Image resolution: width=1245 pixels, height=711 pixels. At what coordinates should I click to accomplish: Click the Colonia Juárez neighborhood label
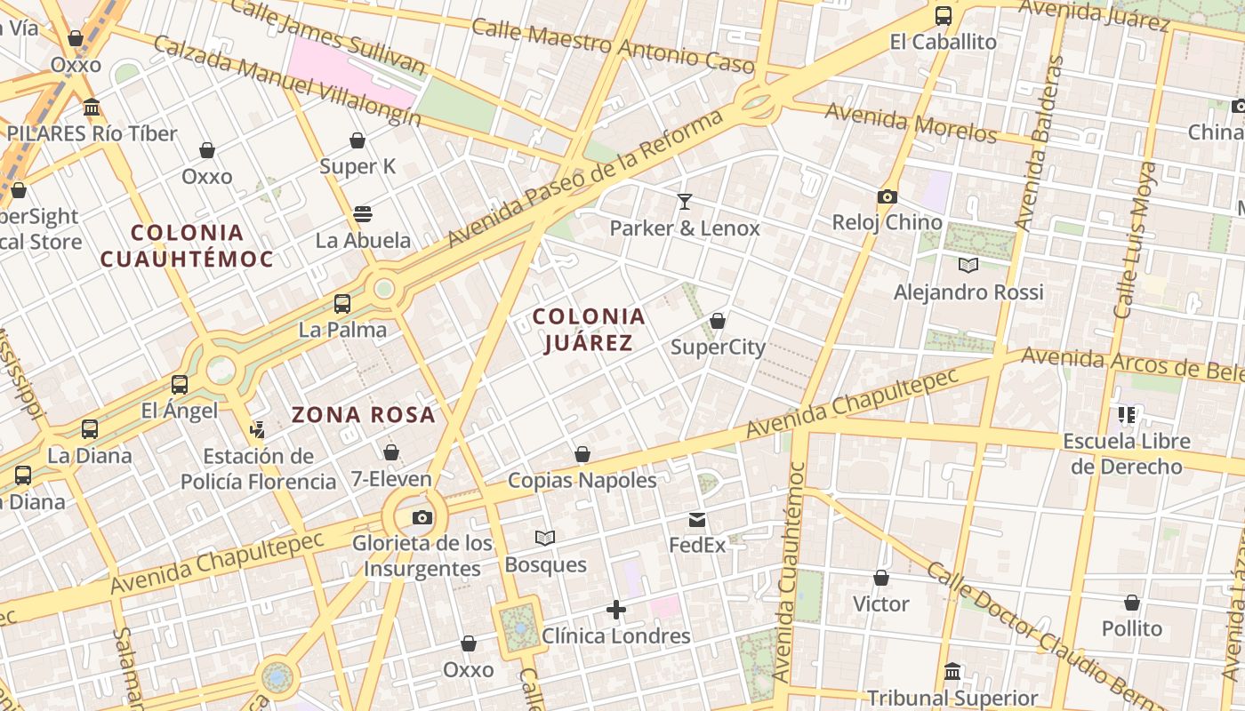pos(589,330)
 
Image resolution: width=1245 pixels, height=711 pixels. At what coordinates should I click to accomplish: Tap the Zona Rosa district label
pos(364,414)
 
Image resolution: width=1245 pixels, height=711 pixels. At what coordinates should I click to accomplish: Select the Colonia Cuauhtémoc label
pos(187,245)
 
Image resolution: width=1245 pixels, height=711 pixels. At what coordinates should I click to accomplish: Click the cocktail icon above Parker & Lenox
pos(684,202)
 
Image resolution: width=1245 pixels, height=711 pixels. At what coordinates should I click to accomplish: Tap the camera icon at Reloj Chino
pos(887,196)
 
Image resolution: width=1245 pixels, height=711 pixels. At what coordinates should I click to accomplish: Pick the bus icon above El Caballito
pos(943,16)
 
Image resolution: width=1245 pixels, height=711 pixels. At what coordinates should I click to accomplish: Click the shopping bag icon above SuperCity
pos(718,321)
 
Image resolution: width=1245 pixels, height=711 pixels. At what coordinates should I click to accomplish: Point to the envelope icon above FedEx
pos(697,520)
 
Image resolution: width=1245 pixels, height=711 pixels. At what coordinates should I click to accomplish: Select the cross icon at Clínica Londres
pos(616,610)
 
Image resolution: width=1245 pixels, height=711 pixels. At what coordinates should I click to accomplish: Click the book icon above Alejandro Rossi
pos(968,265)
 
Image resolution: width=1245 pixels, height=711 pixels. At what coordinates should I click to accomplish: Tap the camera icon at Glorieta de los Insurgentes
pos(422,517)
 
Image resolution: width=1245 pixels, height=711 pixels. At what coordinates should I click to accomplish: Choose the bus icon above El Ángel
pos(180,385)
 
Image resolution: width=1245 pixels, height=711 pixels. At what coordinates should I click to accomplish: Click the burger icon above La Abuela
pos(363,214)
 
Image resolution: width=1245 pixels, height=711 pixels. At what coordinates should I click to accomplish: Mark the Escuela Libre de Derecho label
pos(1127,453)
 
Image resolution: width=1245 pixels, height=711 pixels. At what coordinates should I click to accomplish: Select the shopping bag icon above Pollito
pos(1131,603)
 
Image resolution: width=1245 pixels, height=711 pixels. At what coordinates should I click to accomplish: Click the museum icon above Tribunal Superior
pos(952,672)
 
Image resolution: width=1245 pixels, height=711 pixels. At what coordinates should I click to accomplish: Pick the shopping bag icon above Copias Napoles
pos(582,455)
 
